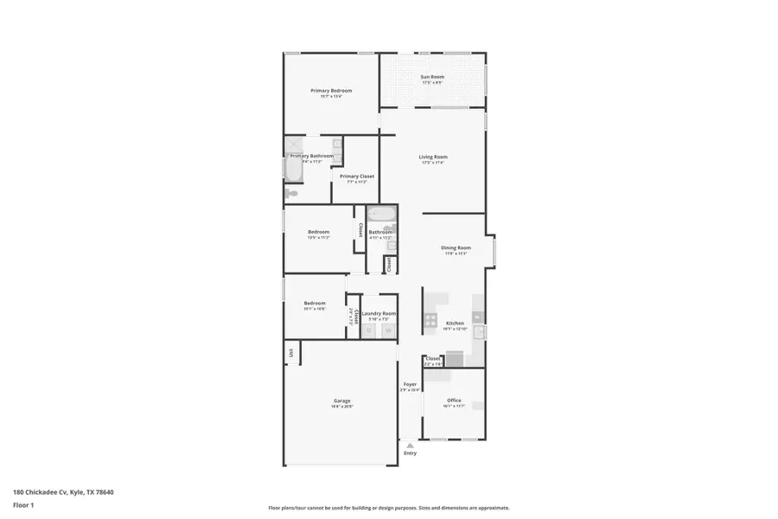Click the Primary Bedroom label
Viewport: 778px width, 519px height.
(331, 91)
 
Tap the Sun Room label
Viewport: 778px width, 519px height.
(431, 78)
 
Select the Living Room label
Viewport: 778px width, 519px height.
(432, 157)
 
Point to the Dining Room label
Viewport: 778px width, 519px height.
(456, 247)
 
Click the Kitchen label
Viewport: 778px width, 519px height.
(455, 323)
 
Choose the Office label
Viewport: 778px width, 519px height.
(454, 400)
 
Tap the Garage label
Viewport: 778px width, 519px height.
(342, 400)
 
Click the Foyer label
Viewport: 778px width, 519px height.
(410, 384)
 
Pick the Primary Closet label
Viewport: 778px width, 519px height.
(357, 176)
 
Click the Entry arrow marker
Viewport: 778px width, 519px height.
(410, 446)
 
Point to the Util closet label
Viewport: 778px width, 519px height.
(291, 352)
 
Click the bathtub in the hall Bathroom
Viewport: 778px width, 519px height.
(380, 214)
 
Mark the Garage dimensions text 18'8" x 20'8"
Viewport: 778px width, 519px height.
(342, 406)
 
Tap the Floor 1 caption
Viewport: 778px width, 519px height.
(25, 504)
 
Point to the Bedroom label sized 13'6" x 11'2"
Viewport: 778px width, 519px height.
(319, 232)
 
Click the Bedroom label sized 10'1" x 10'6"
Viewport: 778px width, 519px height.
(314, 303)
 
